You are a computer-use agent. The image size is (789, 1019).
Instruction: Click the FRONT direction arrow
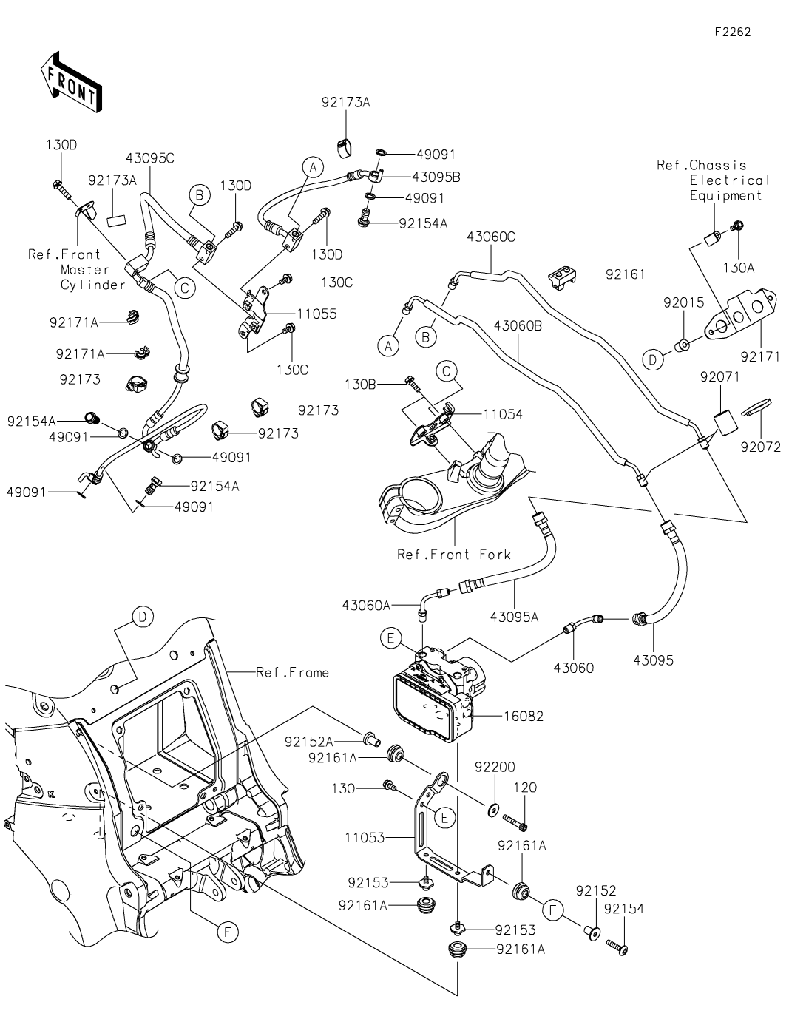71,80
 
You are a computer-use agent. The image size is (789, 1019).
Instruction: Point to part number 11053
365,839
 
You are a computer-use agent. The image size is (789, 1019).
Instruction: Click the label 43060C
491,237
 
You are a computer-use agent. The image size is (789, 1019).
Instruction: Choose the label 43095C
150,158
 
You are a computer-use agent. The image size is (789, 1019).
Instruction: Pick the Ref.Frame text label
292,672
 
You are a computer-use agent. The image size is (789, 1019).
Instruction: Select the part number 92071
719,376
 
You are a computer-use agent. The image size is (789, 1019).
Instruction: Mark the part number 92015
684,302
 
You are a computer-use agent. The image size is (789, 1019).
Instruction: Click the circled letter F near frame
228,932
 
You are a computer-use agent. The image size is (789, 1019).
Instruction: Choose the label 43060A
366,605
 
